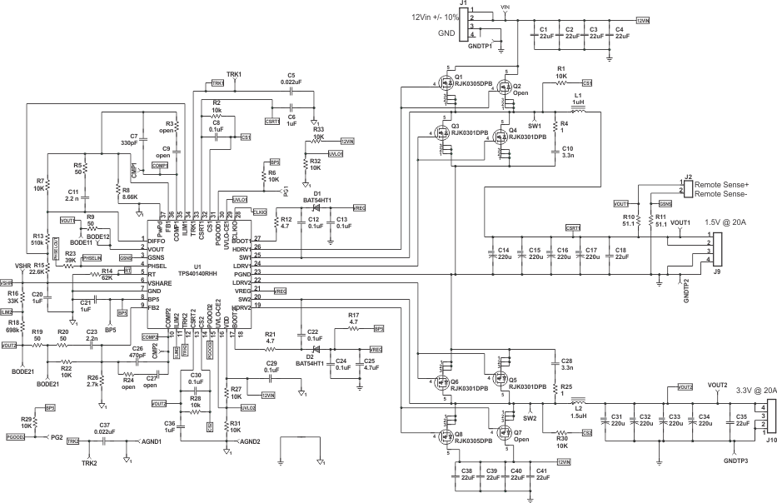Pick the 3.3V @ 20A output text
pyautogui.click(x=749, y=390)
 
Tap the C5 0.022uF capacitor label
pyautogui.click(x=291, y=80)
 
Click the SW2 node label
pyautogui.click(x=530, y=416)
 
